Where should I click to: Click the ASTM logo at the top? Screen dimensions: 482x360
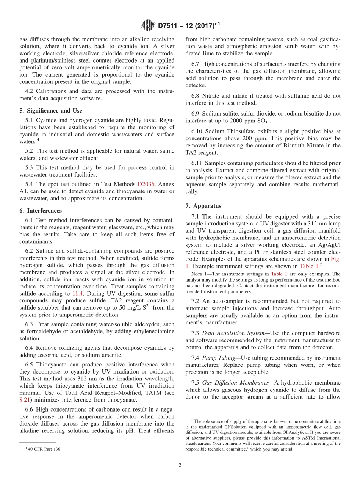[x=148, y=26]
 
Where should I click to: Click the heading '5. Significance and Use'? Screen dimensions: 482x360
[x=51, y=111]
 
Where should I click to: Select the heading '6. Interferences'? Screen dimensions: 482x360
[x=41, y=211]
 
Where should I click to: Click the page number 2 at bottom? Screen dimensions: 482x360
[x=180, y=465]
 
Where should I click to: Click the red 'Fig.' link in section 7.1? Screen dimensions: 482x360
[x=335, y=259]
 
